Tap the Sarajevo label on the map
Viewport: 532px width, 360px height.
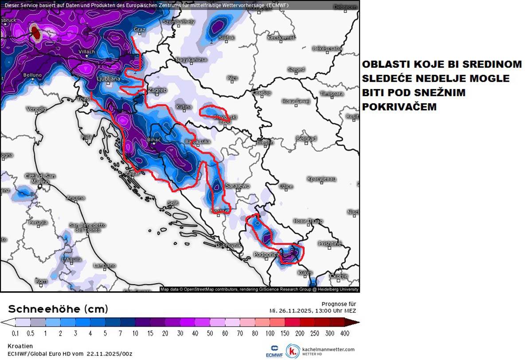pyautogui.click(x=238, y=186)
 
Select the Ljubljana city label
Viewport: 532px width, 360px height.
pyautogui.click(x=108, y=79)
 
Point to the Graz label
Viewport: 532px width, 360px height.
pyautogui.click(x=140, y=30)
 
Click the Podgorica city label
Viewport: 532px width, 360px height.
pyautogui.click(x=266, y=254)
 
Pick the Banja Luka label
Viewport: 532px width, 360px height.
pyautogui.click(x=198, y=142)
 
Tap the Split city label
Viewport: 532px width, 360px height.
pyautogui.click(x=173, y=203)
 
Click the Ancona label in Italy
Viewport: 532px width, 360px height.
pyautogui.click(x=75, y=198)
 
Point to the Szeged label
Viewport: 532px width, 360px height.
pyautogui.click(x=296, y=70)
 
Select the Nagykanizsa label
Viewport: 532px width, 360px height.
pyautogui.click(x=192, y=59)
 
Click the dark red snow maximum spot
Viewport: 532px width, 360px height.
pyautogui.click(x=35, y=32)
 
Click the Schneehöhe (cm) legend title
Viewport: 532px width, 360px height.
pyautogui.click(x=58, y=309)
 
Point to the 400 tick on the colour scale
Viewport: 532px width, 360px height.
pyautogui.click(x=344, y=333)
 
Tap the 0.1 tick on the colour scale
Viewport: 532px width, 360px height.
pyautogui.click(x=16, y=333)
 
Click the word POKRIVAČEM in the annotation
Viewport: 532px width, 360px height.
pyautogui.click(x=399, y=107)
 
